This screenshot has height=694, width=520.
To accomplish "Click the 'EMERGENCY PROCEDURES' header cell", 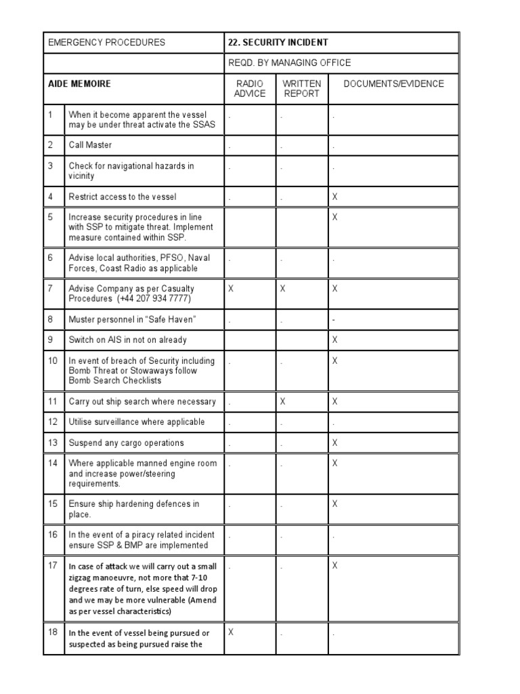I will [x=106, y=42].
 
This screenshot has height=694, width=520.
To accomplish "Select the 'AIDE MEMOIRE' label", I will [x=79, y=84].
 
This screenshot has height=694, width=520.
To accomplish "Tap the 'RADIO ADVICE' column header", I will [x=250, y=89].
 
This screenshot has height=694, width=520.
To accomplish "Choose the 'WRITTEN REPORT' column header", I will [x=302, y=89].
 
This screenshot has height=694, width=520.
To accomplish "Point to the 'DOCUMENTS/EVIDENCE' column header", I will [x=393, y=84].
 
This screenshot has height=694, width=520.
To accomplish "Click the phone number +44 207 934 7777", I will [x=154, y=299].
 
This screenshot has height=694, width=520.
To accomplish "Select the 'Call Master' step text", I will [x=90, y=145].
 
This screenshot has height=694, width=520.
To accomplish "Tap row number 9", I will [x=51, y=340].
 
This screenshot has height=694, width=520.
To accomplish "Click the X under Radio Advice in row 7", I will [x=231, y=289].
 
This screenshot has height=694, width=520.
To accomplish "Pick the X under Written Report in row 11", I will [x=283, y=402].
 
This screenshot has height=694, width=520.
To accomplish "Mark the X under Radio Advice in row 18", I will [x=231, y=632].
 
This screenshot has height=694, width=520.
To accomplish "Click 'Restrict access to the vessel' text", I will [x=123, y=197].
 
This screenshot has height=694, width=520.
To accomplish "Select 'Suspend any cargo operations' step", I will [x=126, y=443].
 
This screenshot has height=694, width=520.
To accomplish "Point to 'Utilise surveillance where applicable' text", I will [x=136, y=422].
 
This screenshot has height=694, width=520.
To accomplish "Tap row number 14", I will [x=53, y=464].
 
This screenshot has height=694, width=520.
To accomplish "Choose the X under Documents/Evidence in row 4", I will [x=334, y=197].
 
